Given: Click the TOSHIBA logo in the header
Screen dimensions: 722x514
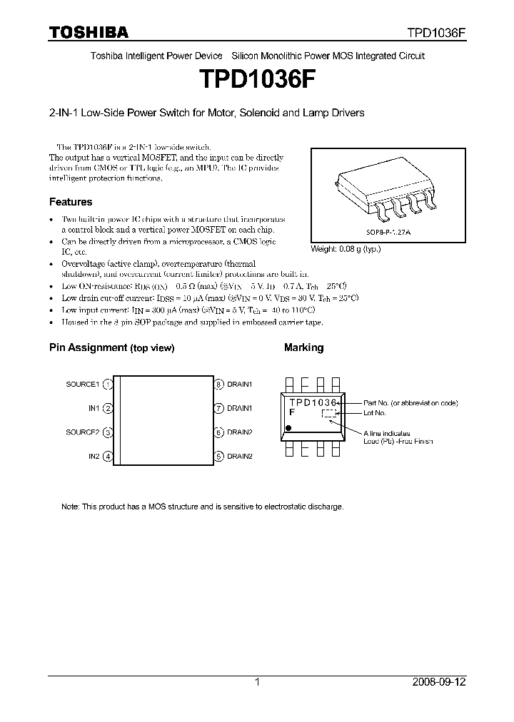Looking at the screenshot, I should coord(89,32).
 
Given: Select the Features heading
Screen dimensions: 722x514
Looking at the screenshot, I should coord(70,202).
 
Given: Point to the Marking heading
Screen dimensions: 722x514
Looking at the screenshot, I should coord(303,347).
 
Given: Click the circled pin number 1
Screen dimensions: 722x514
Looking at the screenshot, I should coord(108,385).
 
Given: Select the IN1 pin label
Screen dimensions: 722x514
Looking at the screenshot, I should coord(94,409).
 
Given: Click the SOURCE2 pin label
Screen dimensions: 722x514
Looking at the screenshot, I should coord(82,432).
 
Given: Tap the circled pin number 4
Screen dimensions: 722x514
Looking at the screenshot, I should coord(108,456).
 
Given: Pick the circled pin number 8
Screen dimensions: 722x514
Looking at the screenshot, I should coord(219,385).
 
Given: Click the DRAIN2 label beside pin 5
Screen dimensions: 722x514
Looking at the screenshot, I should coord(240,456).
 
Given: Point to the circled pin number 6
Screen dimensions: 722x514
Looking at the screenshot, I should coord(219,432).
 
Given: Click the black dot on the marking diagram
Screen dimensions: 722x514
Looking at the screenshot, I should coord(288,428).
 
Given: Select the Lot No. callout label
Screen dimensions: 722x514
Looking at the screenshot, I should coord(374,413).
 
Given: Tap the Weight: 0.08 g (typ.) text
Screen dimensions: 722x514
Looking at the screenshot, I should coord(346,249).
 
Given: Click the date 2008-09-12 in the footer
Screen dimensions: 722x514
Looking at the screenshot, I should coord(438,682).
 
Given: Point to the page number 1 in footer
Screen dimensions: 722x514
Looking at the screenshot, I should coord(257,682).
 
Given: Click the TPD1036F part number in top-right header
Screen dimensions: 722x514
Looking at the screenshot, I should coord(436,33).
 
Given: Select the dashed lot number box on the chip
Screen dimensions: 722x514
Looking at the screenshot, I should coord(328,413).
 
